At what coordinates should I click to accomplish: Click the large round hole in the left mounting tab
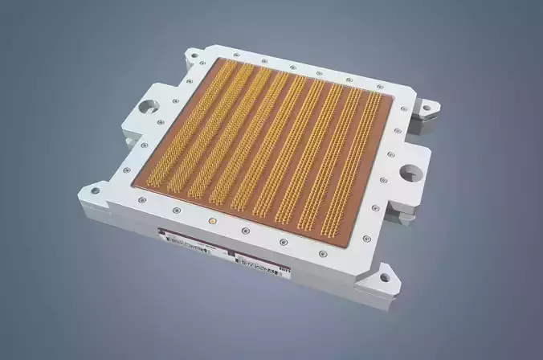(151, 105)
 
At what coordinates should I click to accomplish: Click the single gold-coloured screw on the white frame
(211, 218)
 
